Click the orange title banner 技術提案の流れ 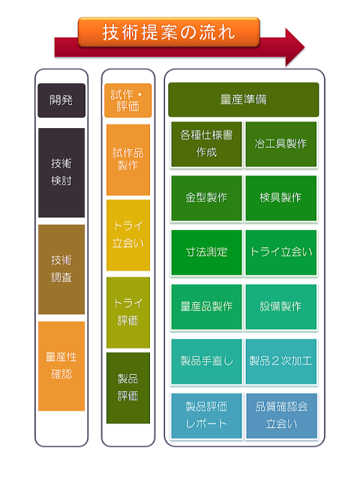click(x=169, y=32)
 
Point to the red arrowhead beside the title click(x=295, y=47)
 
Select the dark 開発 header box click(x=61, y=100)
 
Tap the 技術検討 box click(x=61, y=172)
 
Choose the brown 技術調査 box click(x=61, y=269)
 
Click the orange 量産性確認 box click(x=61, y=366)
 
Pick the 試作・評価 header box click(x=127, y=100)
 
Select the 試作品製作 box click(x=128, y=160)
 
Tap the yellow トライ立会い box click(x=128, y=235)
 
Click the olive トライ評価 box click(x=128, y=313)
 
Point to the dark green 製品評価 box click(x=128, y=388)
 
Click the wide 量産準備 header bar click(x=243, y=100)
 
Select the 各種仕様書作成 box click(x=206, y=144)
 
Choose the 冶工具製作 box click(x=280, y=144)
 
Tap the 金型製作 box click(x=206, y=198)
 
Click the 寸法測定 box click(x=206, y=253)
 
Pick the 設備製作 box click(x=280, y=307)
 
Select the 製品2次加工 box click(x=280, y=361)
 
